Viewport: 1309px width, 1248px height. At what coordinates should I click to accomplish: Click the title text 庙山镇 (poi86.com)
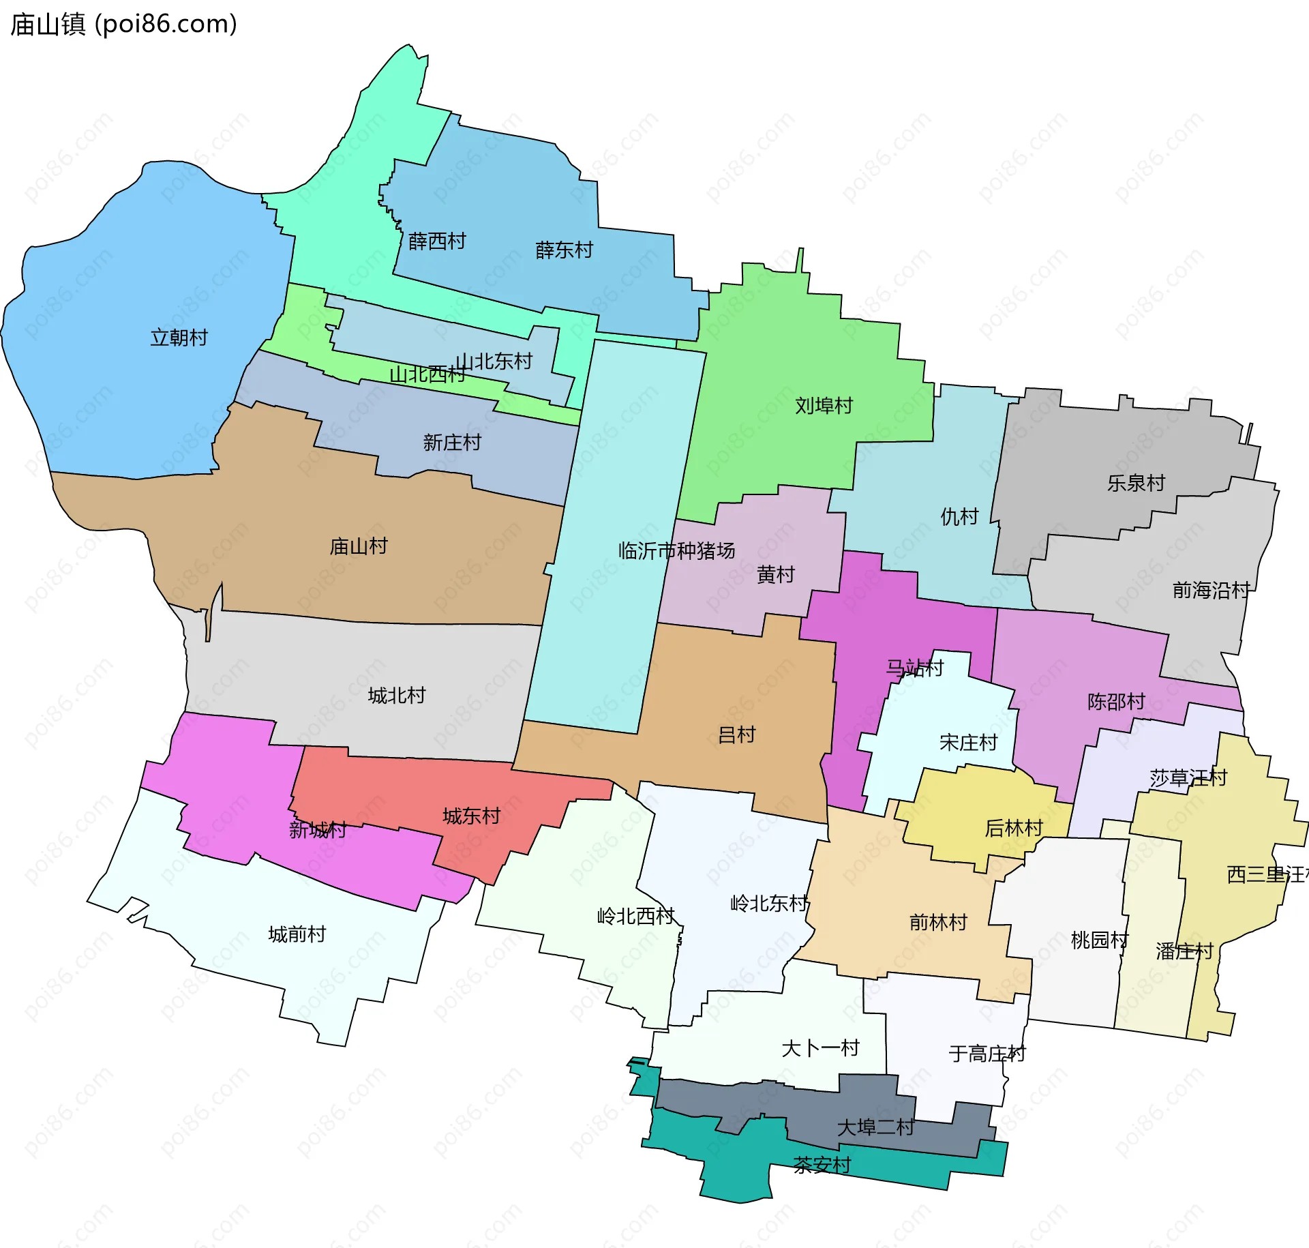tap(123, 24)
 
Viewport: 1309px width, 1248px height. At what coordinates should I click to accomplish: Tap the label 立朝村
tap(179, 338)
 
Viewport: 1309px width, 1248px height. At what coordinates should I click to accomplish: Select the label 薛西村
tap(437, 241)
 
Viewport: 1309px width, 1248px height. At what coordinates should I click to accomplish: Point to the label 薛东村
tap(564, 250)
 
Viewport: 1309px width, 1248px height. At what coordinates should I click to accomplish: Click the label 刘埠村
tap(824, 406)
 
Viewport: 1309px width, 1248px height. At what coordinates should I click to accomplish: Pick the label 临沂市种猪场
tap(676, 550)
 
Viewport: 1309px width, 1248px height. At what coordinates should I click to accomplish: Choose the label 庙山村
tap(359, 546)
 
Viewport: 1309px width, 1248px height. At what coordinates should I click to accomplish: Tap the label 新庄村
tap(452, 443)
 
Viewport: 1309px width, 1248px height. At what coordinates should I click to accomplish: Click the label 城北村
tap(397, 696)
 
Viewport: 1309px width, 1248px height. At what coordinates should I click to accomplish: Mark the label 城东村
tap(472, 816)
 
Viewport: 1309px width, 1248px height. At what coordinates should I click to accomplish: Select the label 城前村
tap(297, 934)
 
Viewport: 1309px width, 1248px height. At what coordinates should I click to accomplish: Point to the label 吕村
tap(737, 734)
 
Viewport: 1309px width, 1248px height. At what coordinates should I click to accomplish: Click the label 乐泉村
tap(1136, 483)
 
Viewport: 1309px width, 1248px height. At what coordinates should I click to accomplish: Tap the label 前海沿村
tap(1211, 590)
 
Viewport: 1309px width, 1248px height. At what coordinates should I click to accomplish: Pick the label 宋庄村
tap(968, 742)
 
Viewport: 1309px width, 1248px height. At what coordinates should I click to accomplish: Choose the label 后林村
tap(1014, 828)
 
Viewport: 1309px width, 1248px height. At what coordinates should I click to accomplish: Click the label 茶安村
tap(822, 1165)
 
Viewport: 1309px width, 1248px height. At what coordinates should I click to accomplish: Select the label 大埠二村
tap(875, 1127)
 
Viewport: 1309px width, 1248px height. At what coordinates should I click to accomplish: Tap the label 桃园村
tap(1099, 940)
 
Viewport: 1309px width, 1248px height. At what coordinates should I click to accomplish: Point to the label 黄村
tap(776, 574)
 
